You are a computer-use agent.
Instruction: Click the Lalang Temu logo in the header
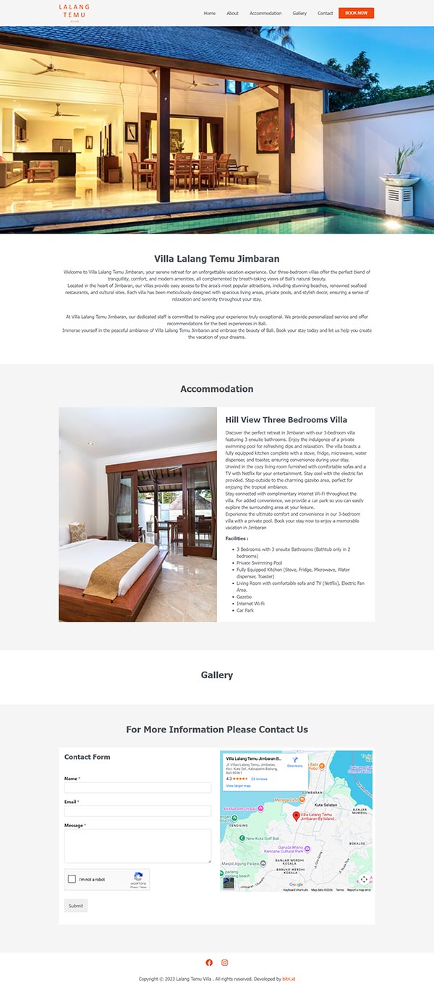75,13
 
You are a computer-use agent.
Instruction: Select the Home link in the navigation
210,13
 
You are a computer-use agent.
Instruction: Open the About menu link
232,13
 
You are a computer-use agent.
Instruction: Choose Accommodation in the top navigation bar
265,13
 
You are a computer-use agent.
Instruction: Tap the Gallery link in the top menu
299,13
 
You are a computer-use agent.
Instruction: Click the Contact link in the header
325,13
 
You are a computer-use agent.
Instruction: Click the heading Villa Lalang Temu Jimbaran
217,259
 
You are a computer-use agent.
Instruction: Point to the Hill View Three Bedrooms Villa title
286,419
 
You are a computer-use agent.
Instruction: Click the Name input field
137,788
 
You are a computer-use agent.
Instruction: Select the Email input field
137,811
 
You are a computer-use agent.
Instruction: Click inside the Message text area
137,845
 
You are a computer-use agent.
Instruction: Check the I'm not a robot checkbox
72,879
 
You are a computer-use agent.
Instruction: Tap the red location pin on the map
296,815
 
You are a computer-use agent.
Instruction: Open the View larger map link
238,785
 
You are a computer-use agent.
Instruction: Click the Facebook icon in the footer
209,962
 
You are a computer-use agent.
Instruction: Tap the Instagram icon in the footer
225,962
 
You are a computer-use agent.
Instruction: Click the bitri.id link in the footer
289,979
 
